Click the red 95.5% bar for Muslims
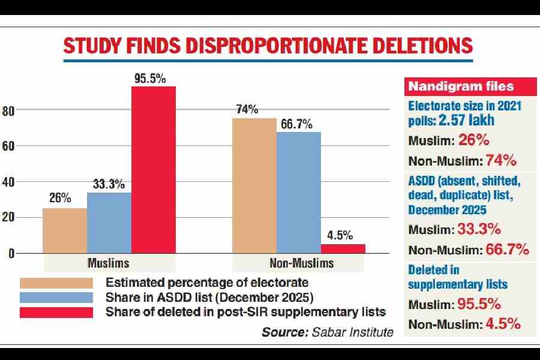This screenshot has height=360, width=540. click(154, 170)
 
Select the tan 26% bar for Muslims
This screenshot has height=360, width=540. click(65, 230)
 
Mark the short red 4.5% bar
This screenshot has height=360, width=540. click(343, 248)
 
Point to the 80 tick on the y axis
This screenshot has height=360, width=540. click(8, 110)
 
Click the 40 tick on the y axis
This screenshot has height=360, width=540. click(8, 182)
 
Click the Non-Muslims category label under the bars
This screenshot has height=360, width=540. click(298, 263)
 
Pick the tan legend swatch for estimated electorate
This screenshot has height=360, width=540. click(56, 283)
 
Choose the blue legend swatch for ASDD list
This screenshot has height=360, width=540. click(56, 297)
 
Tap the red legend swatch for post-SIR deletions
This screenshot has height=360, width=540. click(56, 312)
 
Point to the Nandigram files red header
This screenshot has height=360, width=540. click(448, 86)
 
